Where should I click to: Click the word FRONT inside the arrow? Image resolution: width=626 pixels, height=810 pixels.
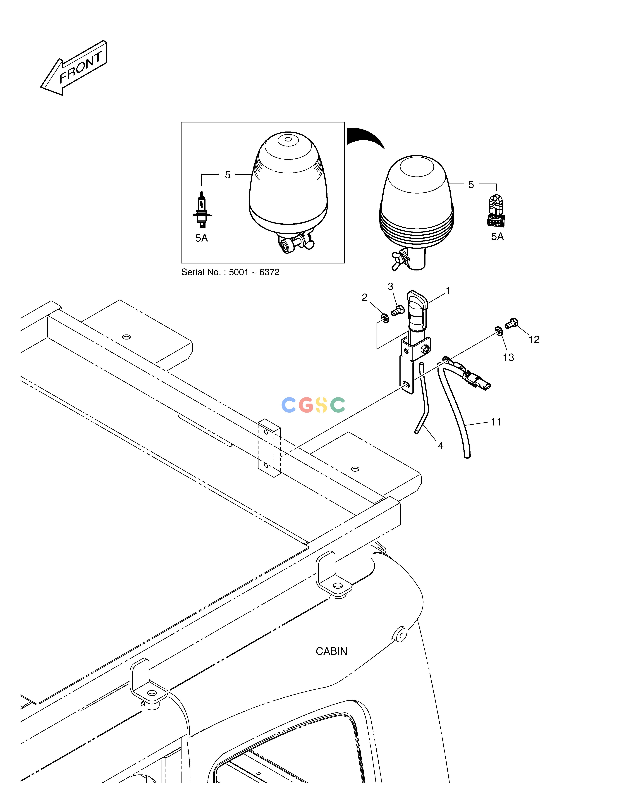coord(81,67)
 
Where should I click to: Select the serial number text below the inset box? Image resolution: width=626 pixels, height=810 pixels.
coord(230,272)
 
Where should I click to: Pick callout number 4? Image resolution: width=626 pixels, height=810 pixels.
coord(441,445)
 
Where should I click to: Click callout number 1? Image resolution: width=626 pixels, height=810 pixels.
coord(448,291)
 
